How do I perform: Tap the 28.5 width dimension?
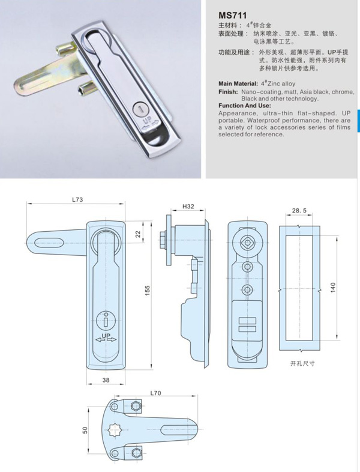(x=300, y=211)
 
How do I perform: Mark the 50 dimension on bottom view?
(x=86, y=429)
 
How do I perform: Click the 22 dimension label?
(x=138, y=234)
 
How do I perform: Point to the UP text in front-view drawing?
(x=105, y=336)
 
